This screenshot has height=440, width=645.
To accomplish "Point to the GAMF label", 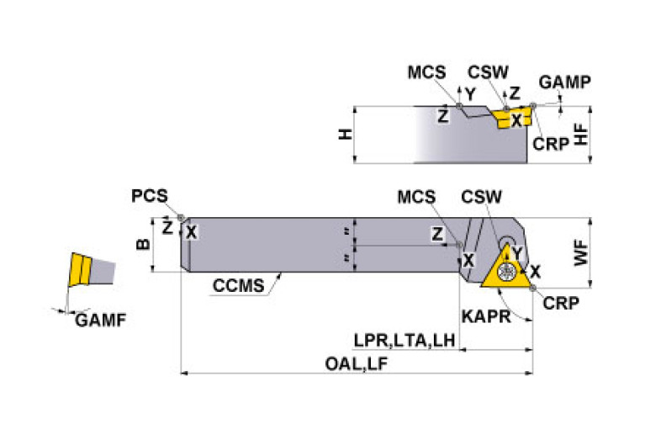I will pyautogui.click(x=93, y=320).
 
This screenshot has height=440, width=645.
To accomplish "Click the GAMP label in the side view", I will pyautogui.click(x=564, y=82).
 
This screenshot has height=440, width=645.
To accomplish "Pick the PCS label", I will pyautogui.click(x=149, y=196).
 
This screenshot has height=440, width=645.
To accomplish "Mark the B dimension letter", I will pyautogui.click(x=142, y=245).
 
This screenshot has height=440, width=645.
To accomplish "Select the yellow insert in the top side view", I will pyautogui.click(x=510, y=116).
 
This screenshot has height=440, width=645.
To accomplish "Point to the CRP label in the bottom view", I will pyautogui.click(x=561, y=303).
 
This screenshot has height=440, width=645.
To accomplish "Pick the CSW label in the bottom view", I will pyautogui.click(x=482, y=198).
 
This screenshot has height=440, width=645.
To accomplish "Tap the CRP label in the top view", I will pyautogui.click(x=550, y=144).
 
